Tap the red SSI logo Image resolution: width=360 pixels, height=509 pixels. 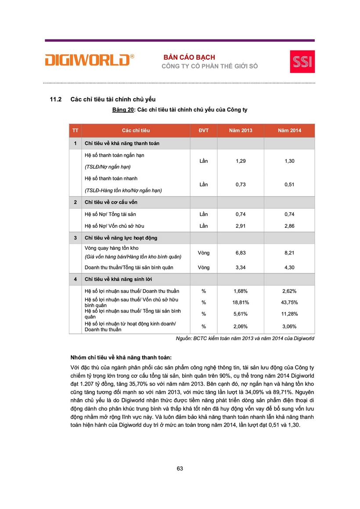(x=302, y=61)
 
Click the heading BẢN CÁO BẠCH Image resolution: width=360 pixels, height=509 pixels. (x=189, y=57)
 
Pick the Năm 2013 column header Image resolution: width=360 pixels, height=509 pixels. (x=241, y=131)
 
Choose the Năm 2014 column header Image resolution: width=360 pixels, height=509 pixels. (x=289, y=131)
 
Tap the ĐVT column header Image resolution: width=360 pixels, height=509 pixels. (x=203, y=131)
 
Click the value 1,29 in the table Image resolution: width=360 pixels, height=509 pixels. (x=241, y=161)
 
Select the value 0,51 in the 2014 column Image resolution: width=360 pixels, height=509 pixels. (x=289, y=185)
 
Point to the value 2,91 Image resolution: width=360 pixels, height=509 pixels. (x=241, y=226)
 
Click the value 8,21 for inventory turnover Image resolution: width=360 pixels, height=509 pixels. (x=289, y=253)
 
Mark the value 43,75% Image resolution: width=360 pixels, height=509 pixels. (x=289, y=302)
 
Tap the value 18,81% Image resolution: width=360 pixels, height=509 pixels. (x=241, y=302)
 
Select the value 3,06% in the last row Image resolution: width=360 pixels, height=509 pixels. (x=289, y=326)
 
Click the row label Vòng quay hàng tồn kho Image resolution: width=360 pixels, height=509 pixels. (x=112, y=248)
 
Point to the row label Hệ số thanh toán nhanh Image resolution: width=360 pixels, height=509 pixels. (x=111, y=179)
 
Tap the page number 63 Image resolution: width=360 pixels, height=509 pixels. (x=180, y=469)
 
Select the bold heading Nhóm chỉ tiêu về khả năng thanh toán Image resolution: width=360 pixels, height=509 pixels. (x=121, y=357)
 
